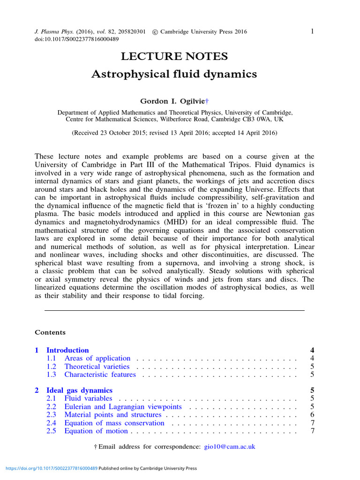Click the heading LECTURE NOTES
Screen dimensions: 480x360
pos(174,57)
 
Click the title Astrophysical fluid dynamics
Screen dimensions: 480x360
pos(174,74)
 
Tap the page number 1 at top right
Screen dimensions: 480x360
pos(312,31)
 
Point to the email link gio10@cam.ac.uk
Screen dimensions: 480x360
pos(230,447)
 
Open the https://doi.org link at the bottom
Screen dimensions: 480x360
pos(51,468)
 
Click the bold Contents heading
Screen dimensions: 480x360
pos(50,332)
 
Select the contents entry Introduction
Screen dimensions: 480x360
pos(67,350)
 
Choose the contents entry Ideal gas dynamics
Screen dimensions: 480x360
pos(79,390)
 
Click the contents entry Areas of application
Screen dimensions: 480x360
pos(97,359)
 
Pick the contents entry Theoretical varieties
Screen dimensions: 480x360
pos(97,367)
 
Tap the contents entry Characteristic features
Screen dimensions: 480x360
pos(100,375)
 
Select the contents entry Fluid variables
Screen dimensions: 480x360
pos(88,398)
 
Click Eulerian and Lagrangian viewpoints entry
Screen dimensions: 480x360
pos(123,407)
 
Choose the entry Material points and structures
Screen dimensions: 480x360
pos(112,415)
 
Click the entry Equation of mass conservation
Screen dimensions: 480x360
pos(114,423)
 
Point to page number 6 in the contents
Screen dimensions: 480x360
pos(312,415)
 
